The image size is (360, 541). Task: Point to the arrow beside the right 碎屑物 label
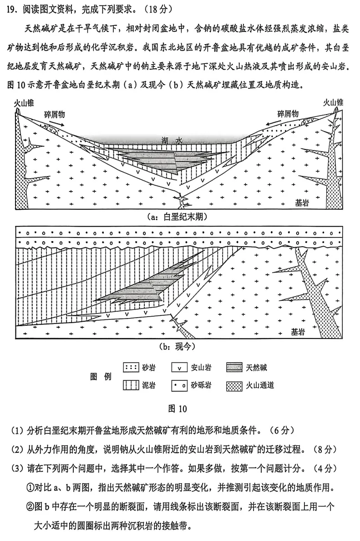click(271, 122)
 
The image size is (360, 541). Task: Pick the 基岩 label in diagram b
click(299, 331)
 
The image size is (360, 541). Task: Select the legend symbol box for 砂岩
click(131, 367)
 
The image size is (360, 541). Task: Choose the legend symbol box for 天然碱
click(234, 367)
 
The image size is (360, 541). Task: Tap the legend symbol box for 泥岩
click(131, 386)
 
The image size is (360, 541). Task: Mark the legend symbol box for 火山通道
click(234, 386)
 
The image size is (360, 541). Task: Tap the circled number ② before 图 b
click(30, 505)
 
